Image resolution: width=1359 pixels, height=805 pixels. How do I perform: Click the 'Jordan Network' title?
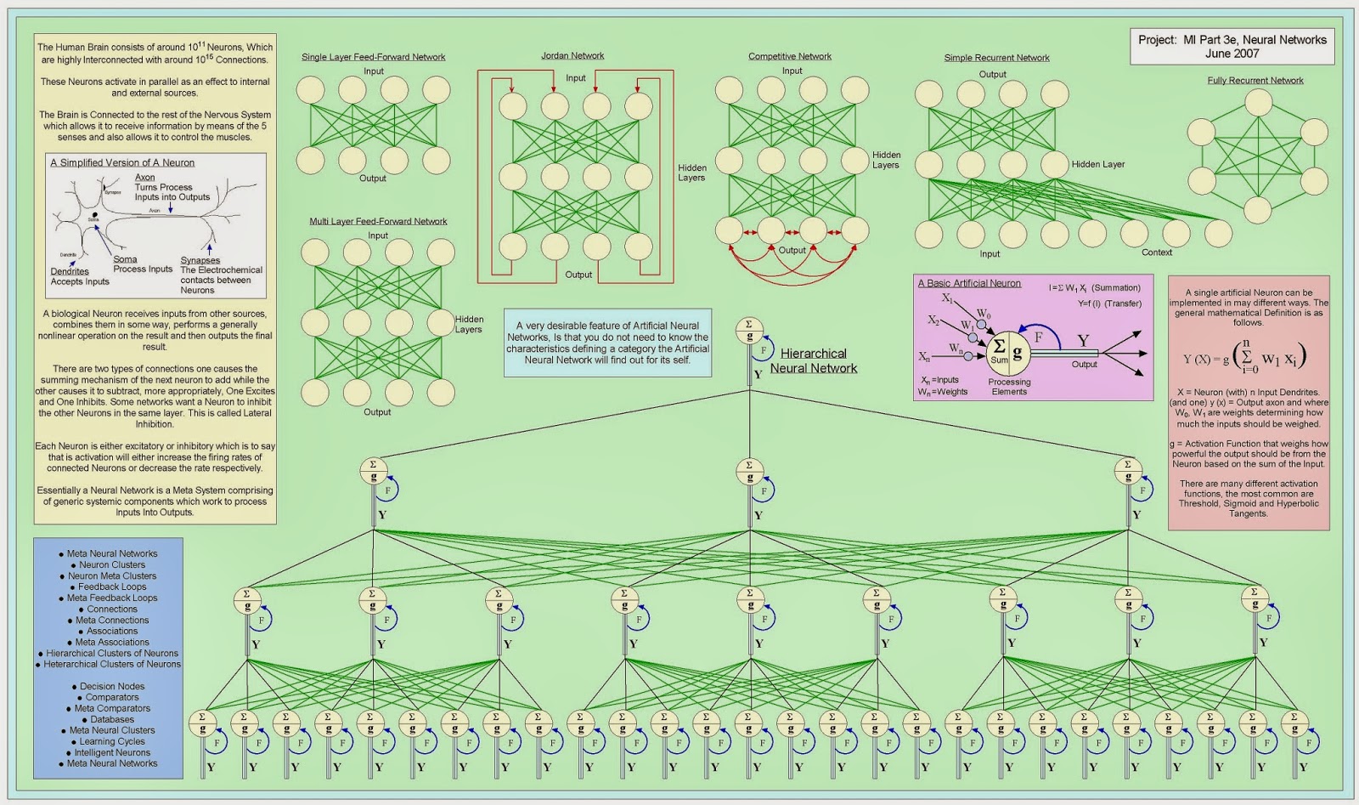[x=572, y=56]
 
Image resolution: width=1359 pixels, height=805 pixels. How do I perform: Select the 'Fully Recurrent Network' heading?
[x=1255, y=81]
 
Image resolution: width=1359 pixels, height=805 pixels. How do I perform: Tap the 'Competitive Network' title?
[x=789, y=57]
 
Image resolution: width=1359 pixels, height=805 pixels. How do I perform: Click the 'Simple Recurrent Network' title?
[x=996, y=58]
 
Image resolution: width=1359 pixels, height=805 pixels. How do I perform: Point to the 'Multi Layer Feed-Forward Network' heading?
[x=378, y=222]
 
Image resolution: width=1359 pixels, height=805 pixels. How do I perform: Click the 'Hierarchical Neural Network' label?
[x=813, y=361]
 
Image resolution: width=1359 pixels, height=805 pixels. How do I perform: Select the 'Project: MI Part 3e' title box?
[x=1232, y=47]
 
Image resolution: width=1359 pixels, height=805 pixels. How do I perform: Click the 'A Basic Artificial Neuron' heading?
[x=969, y=284]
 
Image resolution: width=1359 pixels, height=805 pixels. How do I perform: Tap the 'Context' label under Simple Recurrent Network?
[x=1156, y=252]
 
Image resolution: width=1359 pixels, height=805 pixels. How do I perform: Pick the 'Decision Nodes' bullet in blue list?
[x=112, y=687]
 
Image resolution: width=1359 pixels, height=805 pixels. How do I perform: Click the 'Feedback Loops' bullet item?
[x=112, y=587]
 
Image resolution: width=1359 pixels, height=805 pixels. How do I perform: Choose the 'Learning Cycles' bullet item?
[x=112, y=742]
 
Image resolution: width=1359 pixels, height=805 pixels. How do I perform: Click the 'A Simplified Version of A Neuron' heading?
[x=122, y=163]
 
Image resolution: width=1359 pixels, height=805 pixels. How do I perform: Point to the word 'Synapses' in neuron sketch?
[x=200, y=261]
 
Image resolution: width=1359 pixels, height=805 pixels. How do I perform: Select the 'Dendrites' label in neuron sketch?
[x=70, y=272]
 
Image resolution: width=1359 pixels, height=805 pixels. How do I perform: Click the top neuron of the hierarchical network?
[x=749, y=331]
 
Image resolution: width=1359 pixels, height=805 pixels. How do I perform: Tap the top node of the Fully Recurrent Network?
[x=1258, y=103]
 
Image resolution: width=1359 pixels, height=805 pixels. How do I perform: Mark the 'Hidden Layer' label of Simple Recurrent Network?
[x=1097, y=165]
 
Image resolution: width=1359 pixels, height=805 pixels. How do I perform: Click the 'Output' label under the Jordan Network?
[x=578, y=275]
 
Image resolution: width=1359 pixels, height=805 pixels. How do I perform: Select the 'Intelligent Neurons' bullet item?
[x=112, y=753]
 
